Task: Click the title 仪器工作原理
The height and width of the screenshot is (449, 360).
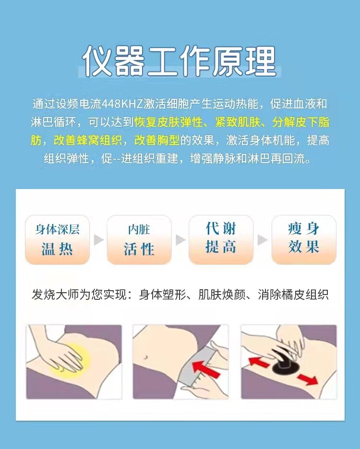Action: pos(180,61)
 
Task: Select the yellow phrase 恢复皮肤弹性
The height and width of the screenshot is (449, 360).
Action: pos(168,122)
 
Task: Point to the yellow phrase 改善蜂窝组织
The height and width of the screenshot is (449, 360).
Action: pos(88,140)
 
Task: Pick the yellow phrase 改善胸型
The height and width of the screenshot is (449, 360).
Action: pos(157,140)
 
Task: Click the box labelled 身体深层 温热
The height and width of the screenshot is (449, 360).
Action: pos(57,239)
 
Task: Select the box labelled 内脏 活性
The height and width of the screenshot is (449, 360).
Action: pos(139,239)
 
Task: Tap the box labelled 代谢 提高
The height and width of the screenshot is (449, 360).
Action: pos(221,239)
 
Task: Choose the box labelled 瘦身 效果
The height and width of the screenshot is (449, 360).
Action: pos(304,239)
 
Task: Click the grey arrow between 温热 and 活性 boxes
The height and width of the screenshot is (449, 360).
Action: pos(98,240)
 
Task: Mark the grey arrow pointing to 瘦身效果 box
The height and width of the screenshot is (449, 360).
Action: pos(262,240)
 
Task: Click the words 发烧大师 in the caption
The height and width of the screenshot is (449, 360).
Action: pos(55,295)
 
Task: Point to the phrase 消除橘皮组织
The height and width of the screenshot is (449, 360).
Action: pos(293,295)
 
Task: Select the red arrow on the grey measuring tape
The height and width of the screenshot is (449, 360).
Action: pos(206,369)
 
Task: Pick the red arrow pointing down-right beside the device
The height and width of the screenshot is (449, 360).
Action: pos(307,379)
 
